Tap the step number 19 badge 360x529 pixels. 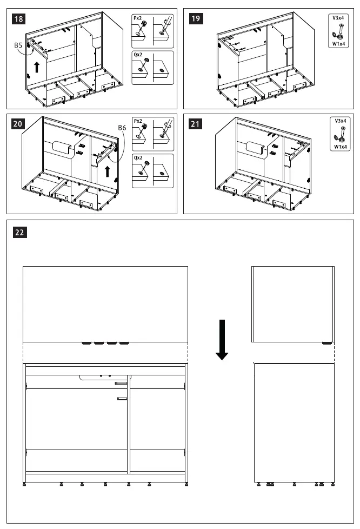click(x=195, y=19)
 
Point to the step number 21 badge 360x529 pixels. click(x=195, y=124)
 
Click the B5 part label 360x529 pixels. click(x=18, y=47)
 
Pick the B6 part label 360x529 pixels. click(x=122, y=128)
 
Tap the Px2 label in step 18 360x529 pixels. click(x=137, y=18)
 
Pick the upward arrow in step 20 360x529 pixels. click(x=108, y=172)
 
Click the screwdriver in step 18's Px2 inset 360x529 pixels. click(x=164, y=24)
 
